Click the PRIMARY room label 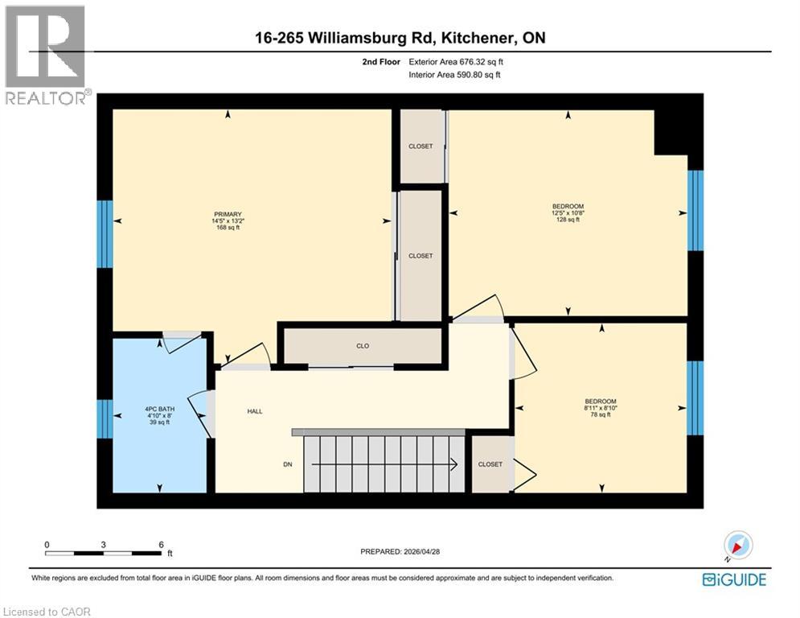pos(228,213)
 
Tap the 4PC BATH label pos(159,408)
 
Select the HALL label pos(254,411)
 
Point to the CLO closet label pos(363,346)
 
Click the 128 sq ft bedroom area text pos(568,220)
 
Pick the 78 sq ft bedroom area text pos(601,415)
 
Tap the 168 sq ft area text pos(228,228)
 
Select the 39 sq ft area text pos(159,422)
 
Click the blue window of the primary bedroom pos(105,233)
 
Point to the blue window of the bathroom pos(105,418)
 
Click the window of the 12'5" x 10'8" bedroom pos(695,211)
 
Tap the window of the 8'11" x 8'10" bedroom pos(695,397)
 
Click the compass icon pos(737,546)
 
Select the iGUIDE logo pos(733,579)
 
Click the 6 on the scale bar pos(161,544)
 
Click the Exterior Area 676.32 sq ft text pos(457,60)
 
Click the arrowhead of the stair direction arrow pos(454,464)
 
